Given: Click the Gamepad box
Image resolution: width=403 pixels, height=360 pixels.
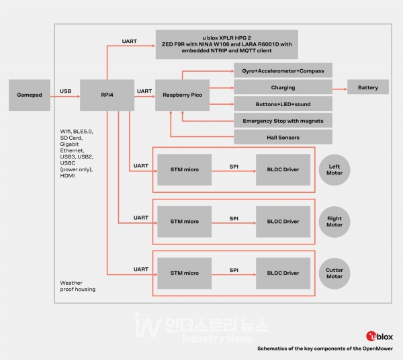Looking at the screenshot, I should [x=29, y=96].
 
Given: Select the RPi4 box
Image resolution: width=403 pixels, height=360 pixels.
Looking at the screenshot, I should [x=107, y=96].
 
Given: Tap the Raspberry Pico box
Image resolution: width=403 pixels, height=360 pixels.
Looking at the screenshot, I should [x=183, y=96].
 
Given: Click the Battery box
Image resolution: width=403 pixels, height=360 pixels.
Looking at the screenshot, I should [x=367, y=88].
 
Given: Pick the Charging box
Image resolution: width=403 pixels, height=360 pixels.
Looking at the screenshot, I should [x=282, y=88].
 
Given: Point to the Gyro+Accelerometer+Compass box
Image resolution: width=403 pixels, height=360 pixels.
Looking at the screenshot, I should [x=282, y=71].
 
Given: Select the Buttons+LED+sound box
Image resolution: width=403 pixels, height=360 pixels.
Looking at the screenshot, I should [x=282, y=104].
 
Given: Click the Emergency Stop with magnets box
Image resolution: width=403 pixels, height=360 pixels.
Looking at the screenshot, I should [x=282, y=121].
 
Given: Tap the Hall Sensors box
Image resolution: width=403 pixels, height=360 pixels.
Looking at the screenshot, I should [x=282, y=137].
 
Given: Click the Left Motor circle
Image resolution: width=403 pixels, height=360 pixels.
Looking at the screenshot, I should [x=334, y=169].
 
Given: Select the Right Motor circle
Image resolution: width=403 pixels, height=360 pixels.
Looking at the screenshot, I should [x=334, y=222].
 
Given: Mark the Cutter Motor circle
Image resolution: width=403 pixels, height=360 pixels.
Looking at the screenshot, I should [x=334, y=273].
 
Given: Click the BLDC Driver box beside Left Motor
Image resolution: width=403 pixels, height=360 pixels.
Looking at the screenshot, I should [x=282, y=169].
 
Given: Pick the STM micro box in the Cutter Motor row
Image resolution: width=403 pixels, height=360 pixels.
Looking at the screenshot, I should [x=184, y=273].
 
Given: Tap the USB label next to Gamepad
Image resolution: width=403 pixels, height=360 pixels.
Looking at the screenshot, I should [x=65, y=91].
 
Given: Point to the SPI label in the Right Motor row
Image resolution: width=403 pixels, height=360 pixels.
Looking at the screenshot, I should [x=234, y=218].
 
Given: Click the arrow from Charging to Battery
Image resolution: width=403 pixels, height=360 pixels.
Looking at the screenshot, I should [x=339, y=88].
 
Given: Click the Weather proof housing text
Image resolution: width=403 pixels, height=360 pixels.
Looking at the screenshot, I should [x=77, y=286].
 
